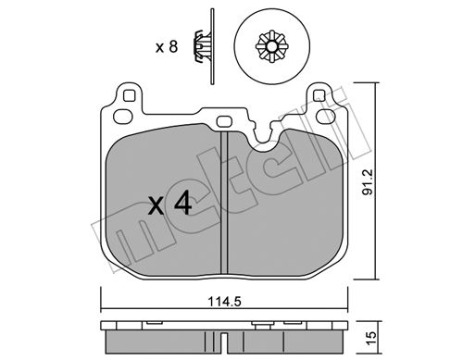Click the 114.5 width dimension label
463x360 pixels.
click(224, 301)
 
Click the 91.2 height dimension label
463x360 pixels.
click(368, 182)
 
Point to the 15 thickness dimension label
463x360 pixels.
click(371, 338)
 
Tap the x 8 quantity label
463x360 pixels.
click(167, 47)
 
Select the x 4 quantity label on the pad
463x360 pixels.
click(169, 204)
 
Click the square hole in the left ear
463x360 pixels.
click(129, 95)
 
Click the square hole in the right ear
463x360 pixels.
click(319, 95)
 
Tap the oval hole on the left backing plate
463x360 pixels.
click(123, 117)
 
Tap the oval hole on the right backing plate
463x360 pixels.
click(327, 116)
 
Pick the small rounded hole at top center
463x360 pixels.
click(224, 121)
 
